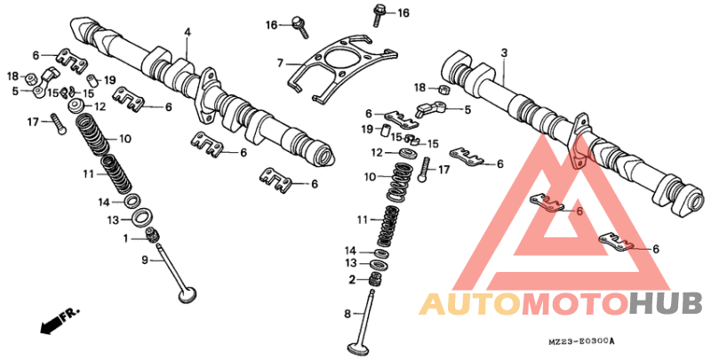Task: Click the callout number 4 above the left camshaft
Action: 188,33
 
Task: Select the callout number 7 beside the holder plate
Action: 279,64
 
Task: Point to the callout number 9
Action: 144,260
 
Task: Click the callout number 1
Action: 126,238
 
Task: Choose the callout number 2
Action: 352,280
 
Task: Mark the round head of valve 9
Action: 188,293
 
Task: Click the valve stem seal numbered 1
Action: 153,236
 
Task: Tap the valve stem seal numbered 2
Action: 375,279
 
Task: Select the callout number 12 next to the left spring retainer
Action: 100,106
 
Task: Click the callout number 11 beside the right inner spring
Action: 362,219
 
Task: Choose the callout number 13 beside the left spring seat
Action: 113,220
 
